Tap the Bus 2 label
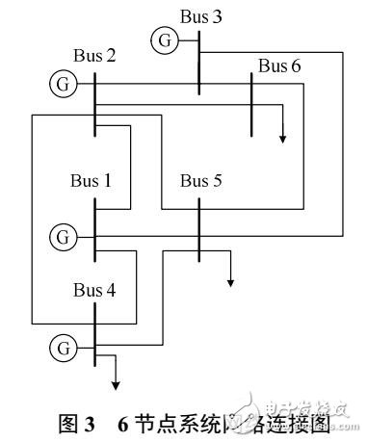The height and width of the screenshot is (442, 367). pos(94,55)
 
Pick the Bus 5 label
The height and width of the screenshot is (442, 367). pos(202,180)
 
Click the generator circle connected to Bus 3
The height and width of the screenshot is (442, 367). pos(163,40)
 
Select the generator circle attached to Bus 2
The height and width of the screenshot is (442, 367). pos(62,84)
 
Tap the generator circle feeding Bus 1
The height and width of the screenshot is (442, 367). pos(63,235)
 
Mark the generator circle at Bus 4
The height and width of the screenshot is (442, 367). pos(63,344)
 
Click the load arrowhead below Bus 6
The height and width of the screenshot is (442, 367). pos(283,138)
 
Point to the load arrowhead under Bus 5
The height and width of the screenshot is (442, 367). pos(230,282)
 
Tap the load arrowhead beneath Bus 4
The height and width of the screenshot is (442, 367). pos(116,385)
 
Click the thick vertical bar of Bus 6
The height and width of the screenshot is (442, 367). pos(251,105)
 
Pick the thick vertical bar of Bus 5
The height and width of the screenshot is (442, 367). pos(199,230)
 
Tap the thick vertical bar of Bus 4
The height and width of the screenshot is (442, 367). pos(94,336)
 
